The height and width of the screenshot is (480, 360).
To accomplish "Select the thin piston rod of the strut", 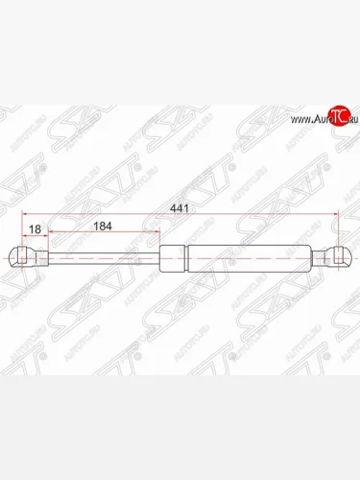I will pos(106,256).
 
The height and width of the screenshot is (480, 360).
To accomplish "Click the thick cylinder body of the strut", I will pos(235,256).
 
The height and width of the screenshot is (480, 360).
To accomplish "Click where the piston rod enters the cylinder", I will pos(161,256).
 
